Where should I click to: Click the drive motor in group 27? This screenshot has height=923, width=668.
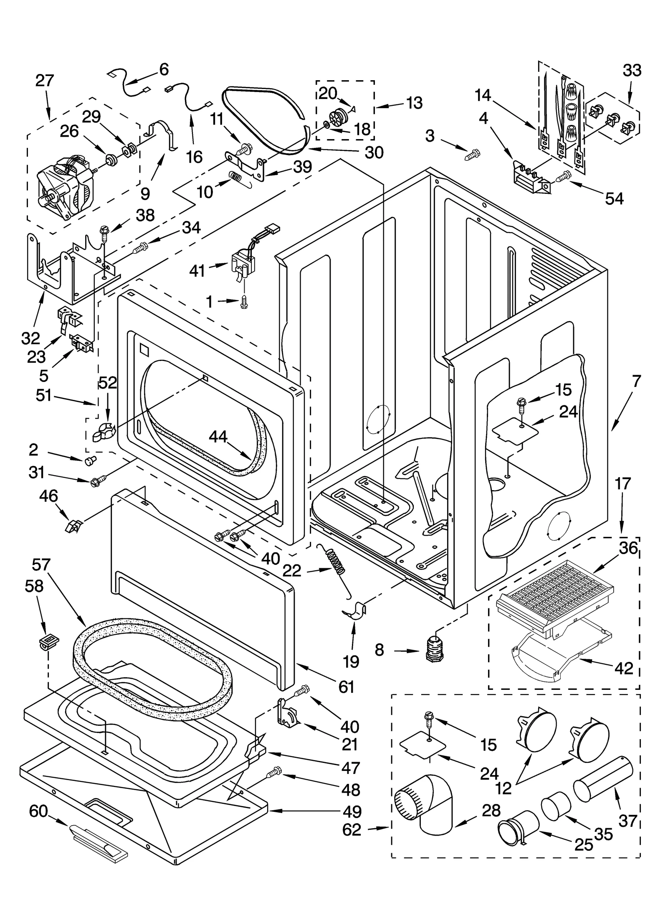point(67,187)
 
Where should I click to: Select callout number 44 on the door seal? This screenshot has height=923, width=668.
point(218,437)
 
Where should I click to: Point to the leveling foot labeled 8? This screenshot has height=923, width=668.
point(434,650)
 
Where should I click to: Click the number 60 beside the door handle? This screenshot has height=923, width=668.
point(38,812)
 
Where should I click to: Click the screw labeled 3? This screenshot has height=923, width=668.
point(472,156)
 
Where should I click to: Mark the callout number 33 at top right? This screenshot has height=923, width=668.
point(631,71)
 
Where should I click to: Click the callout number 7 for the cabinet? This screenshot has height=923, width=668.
point(636,381)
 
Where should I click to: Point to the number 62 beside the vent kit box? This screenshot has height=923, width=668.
point(351,830)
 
